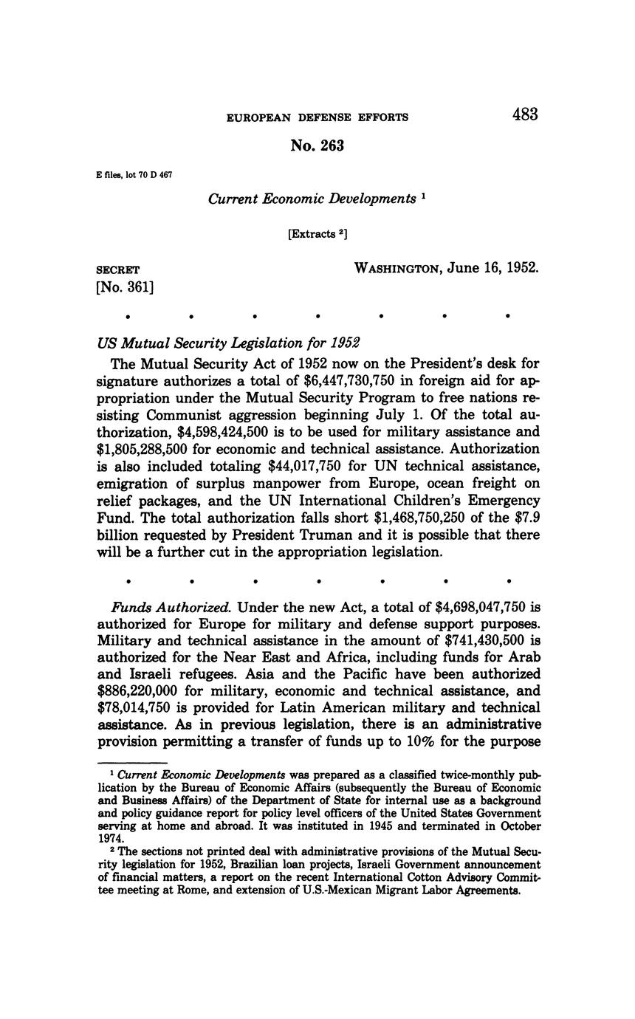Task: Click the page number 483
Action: pos(524,114)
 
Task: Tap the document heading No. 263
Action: pos(317,146)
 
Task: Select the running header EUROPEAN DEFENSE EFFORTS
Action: pos(317,117)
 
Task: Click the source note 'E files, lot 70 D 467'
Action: pos(134,174)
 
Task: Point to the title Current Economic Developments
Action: pos(312,199)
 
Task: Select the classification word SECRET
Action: pos(118,270)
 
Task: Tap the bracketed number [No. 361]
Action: pos(125,287)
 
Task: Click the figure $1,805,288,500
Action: pos(152,449)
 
